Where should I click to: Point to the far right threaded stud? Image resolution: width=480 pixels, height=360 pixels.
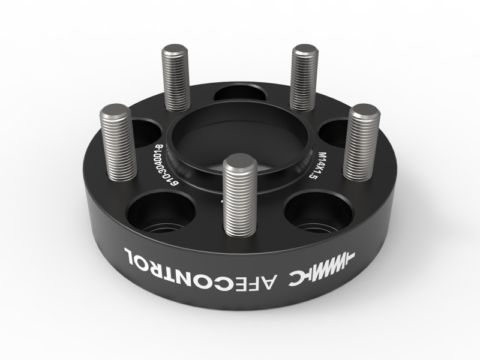coord(363,144)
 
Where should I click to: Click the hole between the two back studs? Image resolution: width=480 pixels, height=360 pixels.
coord(240,93)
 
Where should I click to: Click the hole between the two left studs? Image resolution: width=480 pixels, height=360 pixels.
coord(146,129)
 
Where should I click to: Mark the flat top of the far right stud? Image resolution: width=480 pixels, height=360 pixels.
coord(365,112)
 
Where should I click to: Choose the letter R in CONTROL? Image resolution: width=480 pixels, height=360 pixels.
coord(167,260)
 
